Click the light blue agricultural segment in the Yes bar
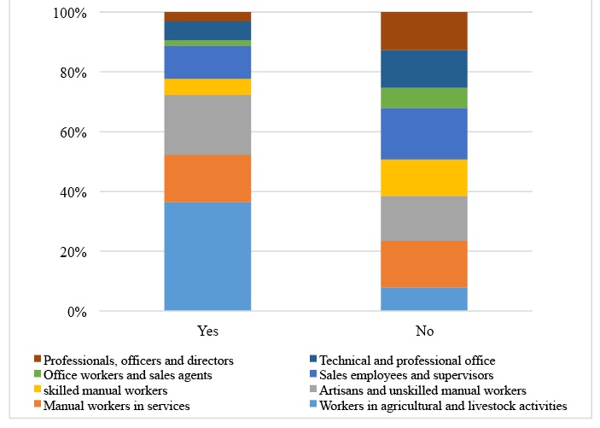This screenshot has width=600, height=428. pos(207,256)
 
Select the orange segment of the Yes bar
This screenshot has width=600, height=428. pos(207,179)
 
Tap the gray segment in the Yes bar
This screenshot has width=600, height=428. pos(207,125)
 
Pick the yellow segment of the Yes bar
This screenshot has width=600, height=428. pos(207,87)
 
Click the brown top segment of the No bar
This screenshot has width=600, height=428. pos(424,32)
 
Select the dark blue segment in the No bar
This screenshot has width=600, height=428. pos(424,69)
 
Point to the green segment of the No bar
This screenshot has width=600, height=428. pos(424,98)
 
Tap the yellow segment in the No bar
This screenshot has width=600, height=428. pos(424,178)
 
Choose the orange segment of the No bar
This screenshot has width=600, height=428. pos(424,264)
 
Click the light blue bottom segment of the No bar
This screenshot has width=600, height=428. pos(424,299)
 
